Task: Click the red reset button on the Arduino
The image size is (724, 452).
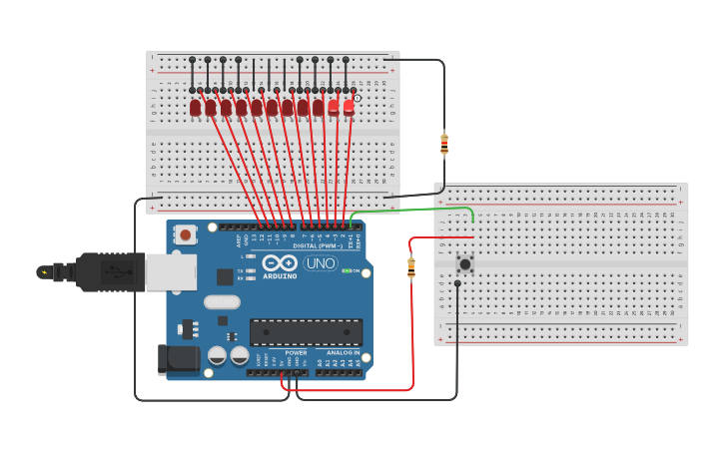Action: (x=185, y=234)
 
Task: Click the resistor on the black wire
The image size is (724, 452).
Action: (x=443, y=145)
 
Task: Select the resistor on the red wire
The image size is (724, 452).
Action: (x=410, y=267)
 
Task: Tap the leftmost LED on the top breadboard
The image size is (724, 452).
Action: (x=196, y=107)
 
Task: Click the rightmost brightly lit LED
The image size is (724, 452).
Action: (x=349, y=106)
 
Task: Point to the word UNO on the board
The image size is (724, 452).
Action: (x=320, y=263)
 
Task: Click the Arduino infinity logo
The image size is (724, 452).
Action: (x=280, y=263)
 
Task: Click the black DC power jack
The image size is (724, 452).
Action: (x=173, y=359)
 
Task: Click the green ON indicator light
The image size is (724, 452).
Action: (x=346, y=270)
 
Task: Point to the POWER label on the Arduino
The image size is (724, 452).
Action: (x=297, y=352)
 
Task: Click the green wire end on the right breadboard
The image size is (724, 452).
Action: (x=472, y=221)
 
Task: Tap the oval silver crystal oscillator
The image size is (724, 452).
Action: (x=222, y=301)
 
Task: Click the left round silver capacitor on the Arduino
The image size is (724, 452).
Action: (x=217, y=355)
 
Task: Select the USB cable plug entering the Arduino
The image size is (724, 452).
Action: (x=110, y=271)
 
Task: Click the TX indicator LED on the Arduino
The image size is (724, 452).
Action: (x=250, y=270)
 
